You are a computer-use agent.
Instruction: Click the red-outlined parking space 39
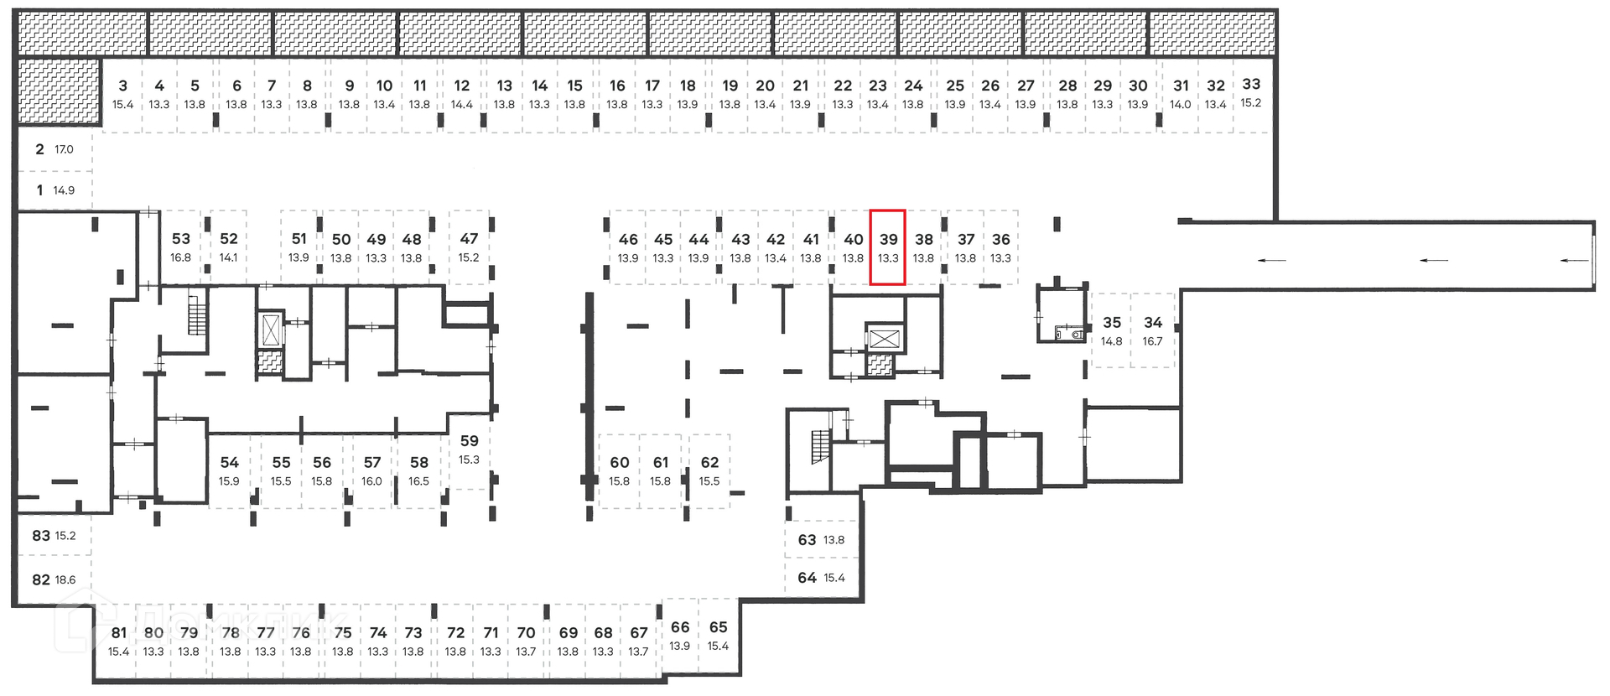[887, 247]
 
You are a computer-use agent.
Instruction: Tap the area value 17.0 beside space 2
[64, 149]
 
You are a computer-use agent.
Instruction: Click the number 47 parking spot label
[469, 239]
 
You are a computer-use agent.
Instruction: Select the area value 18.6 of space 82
[65, 579]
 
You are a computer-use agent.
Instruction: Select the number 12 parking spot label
[462, 86]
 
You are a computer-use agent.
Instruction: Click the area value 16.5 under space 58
[418, 481]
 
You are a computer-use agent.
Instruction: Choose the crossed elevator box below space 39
[884, 340]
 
